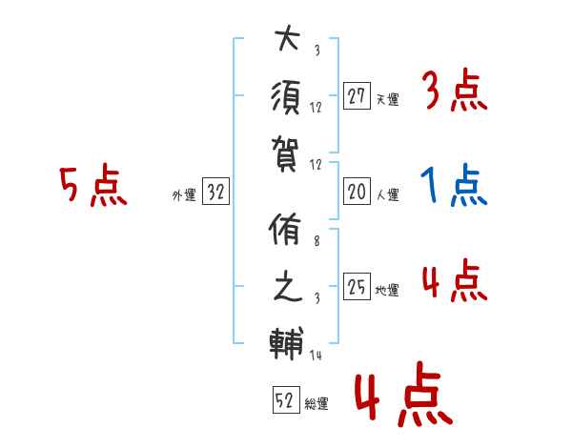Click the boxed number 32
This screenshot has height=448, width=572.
[x=215, y=192]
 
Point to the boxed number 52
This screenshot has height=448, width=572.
[x=285, y=401]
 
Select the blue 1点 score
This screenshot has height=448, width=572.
[x=454, y=187]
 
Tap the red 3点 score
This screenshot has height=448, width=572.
[x=454, y=92]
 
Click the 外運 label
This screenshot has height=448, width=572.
[x=183, y=195]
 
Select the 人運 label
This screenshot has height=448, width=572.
[x=387, y=195]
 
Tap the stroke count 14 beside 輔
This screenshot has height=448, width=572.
[x=317, y=356]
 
